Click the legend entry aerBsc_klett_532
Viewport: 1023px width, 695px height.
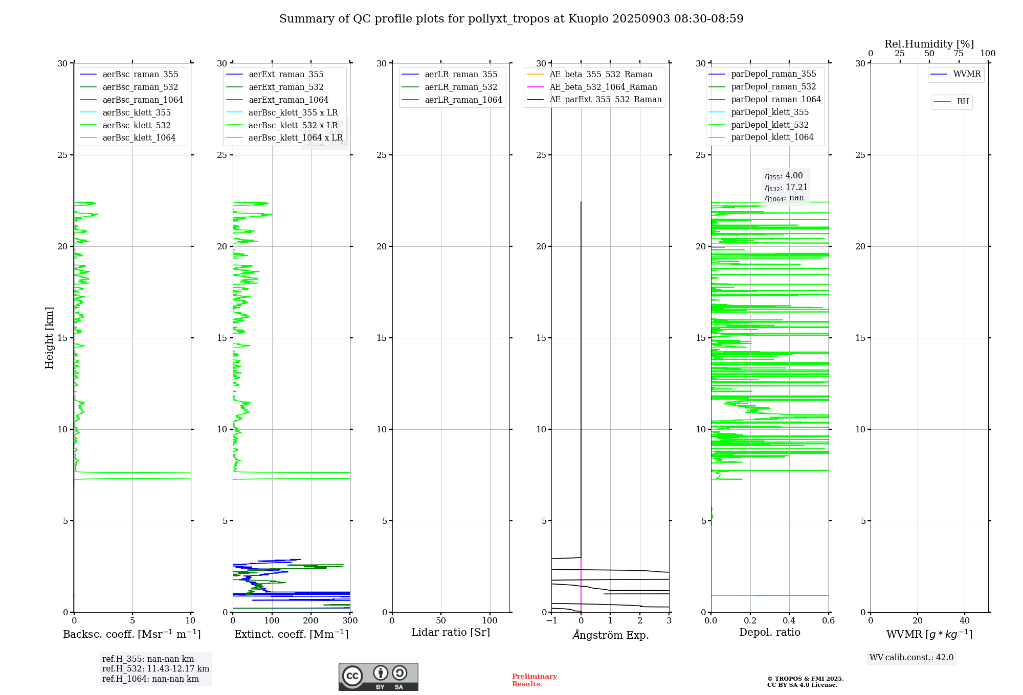[137, 125]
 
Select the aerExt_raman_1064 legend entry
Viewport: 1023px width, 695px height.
[288, 100]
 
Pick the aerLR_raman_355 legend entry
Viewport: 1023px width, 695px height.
[461, 75]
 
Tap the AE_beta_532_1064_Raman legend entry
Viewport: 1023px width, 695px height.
[603, 87]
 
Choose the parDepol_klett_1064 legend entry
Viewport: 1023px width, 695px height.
[772, 137]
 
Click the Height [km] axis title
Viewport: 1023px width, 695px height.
[49, 338]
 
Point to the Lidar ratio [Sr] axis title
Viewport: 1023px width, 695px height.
[451, 632]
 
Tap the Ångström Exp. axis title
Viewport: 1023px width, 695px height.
[611, 635]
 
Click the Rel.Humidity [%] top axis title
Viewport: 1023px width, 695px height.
[929, 44]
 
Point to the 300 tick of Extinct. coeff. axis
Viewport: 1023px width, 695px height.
[350, 621]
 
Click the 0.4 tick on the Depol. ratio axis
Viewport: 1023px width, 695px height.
[789, 621]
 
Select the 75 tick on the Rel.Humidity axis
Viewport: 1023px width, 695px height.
[959, 54]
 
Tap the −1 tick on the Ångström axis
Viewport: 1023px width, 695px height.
[551, 621]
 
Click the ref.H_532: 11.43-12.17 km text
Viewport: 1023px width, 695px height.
[155, 668]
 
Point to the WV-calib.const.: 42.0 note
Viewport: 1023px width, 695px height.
[911, 657]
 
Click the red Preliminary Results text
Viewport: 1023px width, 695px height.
[535, 680]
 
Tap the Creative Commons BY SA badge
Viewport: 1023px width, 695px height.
[378, 677]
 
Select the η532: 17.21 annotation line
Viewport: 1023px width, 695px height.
[786, 187]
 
